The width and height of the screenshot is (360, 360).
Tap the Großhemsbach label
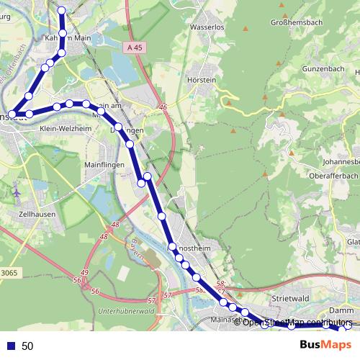295,22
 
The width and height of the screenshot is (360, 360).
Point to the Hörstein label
201,80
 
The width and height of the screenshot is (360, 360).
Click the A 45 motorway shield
131,48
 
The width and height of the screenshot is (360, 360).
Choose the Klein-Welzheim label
66,128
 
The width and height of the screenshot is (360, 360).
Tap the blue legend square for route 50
11,346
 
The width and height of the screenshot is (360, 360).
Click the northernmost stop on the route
62,11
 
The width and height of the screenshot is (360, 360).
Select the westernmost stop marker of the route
12,114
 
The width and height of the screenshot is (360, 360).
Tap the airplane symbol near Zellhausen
17,194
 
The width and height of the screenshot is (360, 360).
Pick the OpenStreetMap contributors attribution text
297,322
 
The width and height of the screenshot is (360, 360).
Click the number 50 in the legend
28,346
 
